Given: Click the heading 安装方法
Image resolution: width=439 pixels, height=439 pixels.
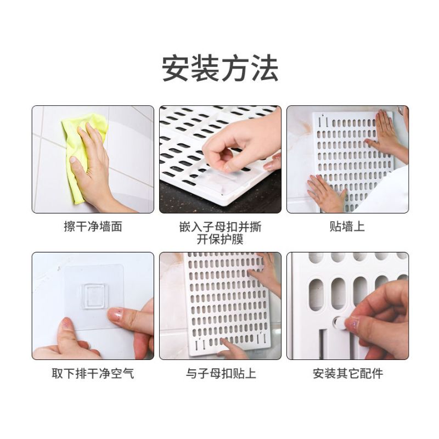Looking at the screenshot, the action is pos(220,68).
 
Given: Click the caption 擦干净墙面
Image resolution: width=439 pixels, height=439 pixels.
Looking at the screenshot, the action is pos(93,227).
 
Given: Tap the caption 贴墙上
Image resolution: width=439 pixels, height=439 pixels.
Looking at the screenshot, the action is pos(347,227).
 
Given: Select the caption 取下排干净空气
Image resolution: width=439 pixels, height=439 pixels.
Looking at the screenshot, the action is pos(93,374).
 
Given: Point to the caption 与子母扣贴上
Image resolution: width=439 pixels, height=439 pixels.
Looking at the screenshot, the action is pos(221,374).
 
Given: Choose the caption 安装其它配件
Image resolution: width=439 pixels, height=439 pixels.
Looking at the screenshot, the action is pos(348,374).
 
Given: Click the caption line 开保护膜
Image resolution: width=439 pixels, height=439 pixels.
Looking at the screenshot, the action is pos(220,239).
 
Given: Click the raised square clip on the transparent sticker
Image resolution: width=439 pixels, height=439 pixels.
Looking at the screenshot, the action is pos(93,296).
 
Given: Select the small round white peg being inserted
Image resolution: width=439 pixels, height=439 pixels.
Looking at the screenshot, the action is pos(339,323).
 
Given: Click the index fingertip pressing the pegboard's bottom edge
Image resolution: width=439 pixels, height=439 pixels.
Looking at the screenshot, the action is pos(224,341).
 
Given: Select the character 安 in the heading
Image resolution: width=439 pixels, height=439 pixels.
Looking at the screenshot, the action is pos(176,68).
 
